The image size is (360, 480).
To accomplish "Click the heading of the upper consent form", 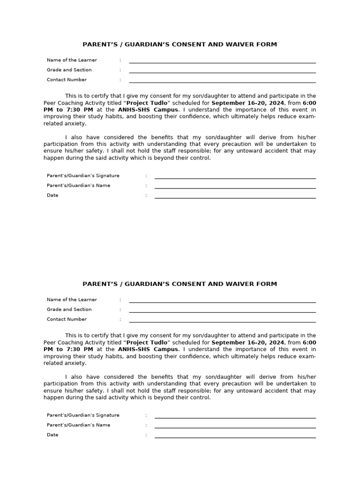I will click(x=180, y=45).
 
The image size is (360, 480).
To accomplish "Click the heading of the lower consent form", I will click(x=180, y=284).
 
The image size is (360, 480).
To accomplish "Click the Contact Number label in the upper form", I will click(x=67, y=80).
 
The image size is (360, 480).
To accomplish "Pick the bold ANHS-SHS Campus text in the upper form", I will click(x=148, y=110).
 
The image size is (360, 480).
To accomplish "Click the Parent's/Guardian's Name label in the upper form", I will click(x=78, y=186).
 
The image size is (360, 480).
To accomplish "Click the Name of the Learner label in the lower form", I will click(x=72, y=300).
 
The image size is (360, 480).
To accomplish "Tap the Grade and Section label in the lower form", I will click(x=69, y=309).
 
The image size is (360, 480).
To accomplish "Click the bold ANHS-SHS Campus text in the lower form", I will click(x=148, y=349).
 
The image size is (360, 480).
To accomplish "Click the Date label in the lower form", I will click(x=52, y=435).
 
